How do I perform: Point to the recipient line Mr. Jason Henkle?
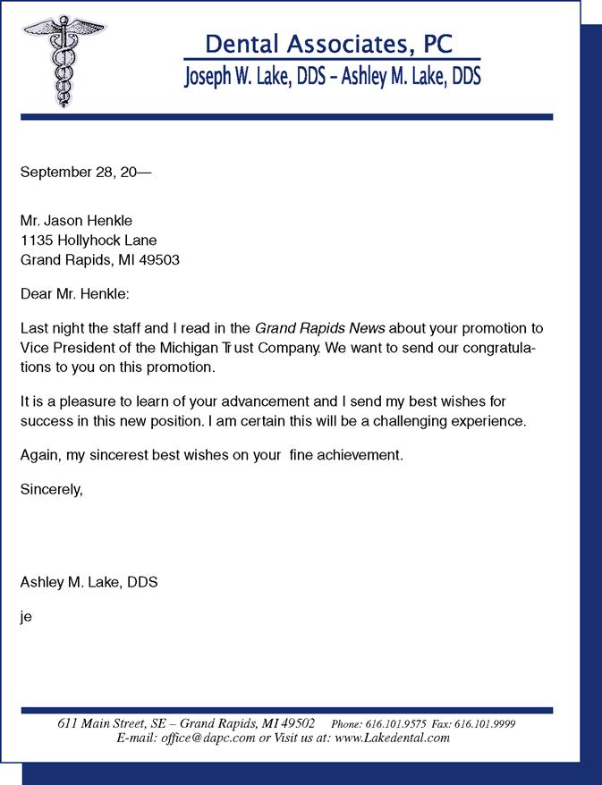[76, 220]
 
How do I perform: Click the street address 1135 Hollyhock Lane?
[89, 241]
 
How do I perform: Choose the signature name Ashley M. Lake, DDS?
[89, 582]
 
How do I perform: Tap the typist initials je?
[26, 616]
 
